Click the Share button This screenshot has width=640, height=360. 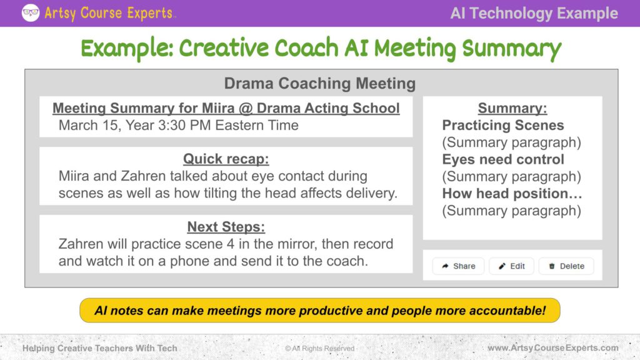click(x=458, y=266)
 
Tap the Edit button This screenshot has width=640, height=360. click(x=511, y=266)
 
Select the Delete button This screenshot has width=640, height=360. click(x=566, y=266)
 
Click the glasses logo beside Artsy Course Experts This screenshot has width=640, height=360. click(x=31, y=12)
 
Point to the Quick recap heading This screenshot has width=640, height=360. click(x=226, y=159)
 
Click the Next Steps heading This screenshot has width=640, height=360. click(x=226, y=226)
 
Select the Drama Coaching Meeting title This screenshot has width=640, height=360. click(x=320, y=83)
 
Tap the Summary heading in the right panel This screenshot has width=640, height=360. click(x=512, y=108)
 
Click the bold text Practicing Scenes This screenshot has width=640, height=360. click(x=503, y=125)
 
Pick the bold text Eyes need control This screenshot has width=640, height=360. click(x=503, y=159)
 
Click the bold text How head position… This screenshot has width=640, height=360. click(x=512, y=194)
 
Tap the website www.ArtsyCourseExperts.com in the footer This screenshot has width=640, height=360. click(x=553, y=347)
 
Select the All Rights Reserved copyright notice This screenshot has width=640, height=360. click(x=320, y=348)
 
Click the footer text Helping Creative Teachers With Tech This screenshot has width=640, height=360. click(x=100, y=348)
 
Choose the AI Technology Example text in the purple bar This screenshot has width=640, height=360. click(x=534, y=13)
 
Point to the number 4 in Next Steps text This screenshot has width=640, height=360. click(x=231, y=244)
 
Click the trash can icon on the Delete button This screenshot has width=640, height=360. click(x=552, y=266)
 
